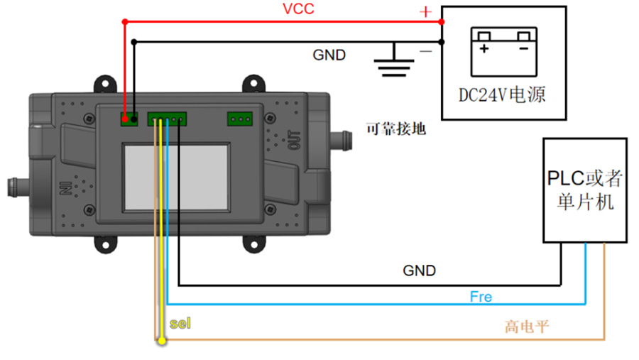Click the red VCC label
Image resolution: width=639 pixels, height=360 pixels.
[298, 9]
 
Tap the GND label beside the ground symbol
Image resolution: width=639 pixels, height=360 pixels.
[329, 55]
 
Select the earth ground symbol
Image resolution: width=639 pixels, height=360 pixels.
[395, 62]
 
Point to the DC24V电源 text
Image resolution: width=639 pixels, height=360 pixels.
[503, 94]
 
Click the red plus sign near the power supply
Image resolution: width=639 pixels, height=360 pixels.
[425, 12]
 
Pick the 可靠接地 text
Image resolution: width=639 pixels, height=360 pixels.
[395, 129]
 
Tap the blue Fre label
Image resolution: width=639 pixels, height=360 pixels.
[481, 296]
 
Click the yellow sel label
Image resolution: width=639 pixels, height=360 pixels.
[180, 324]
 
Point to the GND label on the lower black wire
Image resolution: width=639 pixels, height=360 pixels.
[420, 271]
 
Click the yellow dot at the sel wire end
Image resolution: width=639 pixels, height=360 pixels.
[163, 342]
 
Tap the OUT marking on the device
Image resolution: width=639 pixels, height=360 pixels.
[295, 140]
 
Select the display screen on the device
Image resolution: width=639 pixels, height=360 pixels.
[177, 177]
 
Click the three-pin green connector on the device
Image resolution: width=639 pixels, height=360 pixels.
[240, 119]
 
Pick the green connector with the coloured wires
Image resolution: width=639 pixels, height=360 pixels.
[167, 119]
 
